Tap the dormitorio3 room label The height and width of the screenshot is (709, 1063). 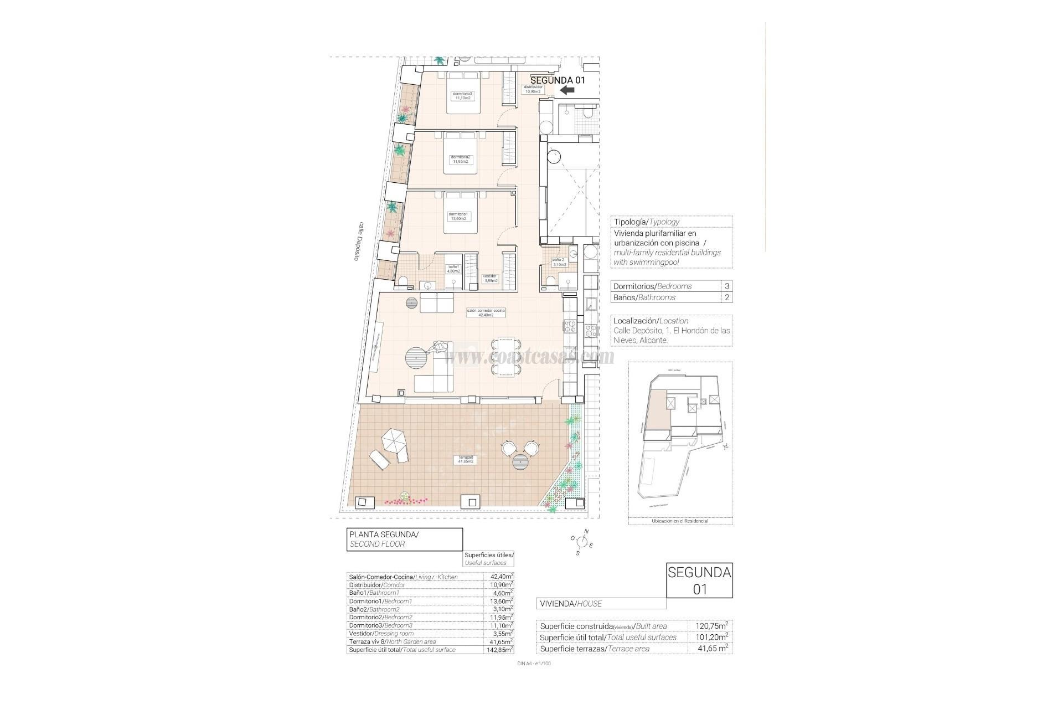point(462,96)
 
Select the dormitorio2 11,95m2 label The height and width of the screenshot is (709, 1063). point(461,160)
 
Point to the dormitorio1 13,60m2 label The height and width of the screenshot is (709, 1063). point(458,216)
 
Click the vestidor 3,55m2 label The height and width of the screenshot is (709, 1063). point(491,278)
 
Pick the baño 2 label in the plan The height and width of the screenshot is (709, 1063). point(559,261)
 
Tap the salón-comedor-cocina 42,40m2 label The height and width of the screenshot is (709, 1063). point(486,313)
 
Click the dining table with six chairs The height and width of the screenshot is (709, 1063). point(506,357)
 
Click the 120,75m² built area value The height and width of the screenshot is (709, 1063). point(711,626)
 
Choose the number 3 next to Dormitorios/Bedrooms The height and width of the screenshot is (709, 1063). point(726,286)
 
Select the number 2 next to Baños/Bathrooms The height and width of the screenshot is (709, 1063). point(726,297)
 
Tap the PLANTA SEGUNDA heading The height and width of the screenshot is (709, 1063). point(383,535)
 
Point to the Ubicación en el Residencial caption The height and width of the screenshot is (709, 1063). point(680,521)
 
